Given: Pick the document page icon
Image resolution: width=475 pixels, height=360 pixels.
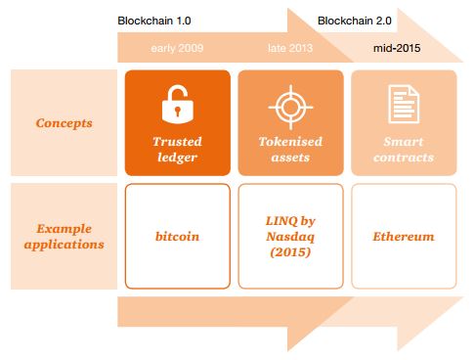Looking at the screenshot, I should click(x=402, y=103).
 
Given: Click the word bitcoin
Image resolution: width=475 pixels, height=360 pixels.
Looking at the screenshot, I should click(x=177, y=237).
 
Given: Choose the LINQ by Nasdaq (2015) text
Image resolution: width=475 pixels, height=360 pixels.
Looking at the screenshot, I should click(x=290, y=237).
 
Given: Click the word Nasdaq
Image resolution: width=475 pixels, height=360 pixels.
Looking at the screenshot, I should click(x=290, y=237).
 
